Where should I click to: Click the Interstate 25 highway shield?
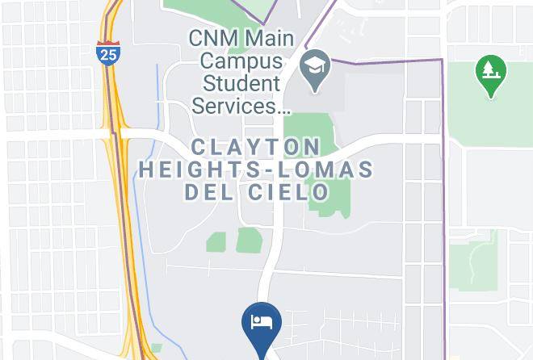coord(107,52)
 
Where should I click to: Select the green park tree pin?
coord(489,73)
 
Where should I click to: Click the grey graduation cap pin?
coord(313,69)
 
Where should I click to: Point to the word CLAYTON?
coord(255,147)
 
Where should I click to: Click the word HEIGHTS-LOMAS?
coord(256,170)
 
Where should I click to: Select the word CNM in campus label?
coord(214,38)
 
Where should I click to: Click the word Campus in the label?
coord(241,61)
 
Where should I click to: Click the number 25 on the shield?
coord(107,54)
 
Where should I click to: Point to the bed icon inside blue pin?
coord(261,321)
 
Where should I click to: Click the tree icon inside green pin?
coord(489,69)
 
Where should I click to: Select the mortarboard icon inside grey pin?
coord(313,65)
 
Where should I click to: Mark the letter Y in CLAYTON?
coord(259,147)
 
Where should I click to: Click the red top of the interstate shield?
coord(107,43)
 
